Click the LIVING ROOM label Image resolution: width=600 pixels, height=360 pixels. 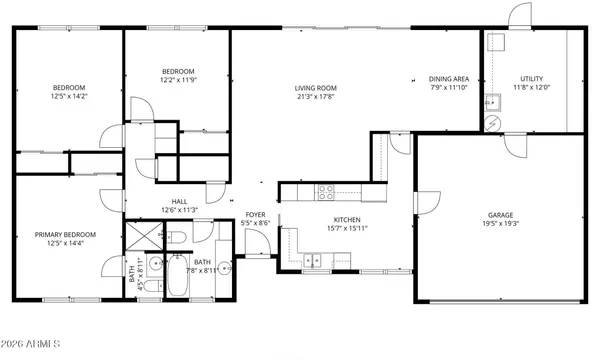[x=313, y=87]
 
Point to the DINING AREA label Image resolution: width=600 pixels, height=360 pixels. [x=449, y=78]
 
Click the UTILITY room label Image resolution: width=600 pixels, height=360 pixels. [x=531, y=78]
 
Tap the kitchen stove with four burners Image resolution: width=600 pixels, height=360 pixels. [x=327, y=190]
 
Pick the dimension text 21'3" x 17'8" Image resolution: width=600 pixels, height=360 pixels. [x=313, y=97]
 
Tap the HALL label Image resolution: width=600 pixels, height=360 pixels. [x=180, y=201]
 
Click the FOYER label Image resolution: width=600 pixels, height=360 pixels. [x=255, y=215]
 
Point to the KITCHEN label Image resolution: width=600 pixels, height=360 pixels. [x=346, y=220]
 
